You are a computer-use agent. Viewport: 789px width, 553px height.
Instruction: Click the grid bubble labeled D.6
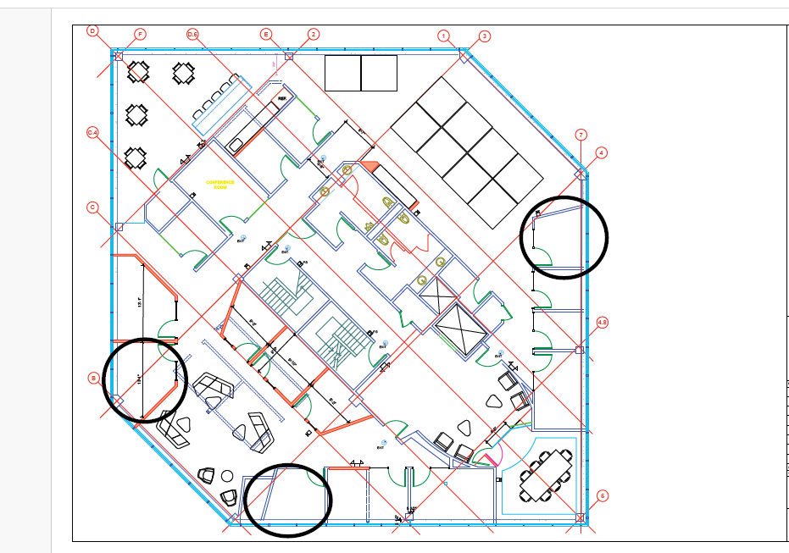click(x=192, y=34)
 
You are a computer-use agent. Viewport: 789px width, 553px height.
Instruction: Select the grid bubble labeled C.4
click(x=93, y=133)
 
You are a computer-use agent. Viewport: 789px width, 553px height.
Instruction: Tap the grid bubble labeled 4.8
click(x=603, y=323)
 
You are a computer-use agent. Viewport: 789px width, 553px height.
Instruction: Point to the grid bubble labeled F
click(x=141, y=34)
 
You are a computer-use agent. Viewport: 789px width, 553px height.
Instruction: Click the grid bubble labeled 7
click(x=581, y=135)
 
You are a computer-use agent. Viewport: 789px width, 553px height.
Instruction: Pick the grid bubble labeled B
click(x=93, y=378)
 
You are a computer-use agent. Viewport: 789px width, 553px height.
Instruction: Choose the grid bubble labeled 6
click(x=603, y=496)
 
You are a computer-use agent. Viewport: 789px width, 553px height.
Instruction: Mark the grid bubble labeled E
click(x=266, y=34)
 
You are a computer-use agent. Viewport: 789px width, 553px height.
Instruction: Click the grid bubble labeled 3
click(x=484, y=36)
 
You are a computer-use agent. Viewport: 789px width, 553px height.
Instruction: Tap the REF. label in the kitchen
click(x=282, y=98)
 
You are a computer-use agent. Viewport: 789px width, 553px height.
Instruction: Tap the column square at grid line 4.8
click(x=580, y=350)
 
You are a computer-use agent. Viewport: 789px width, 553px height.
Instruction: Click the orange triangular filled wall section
click(x=369, y=167)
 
